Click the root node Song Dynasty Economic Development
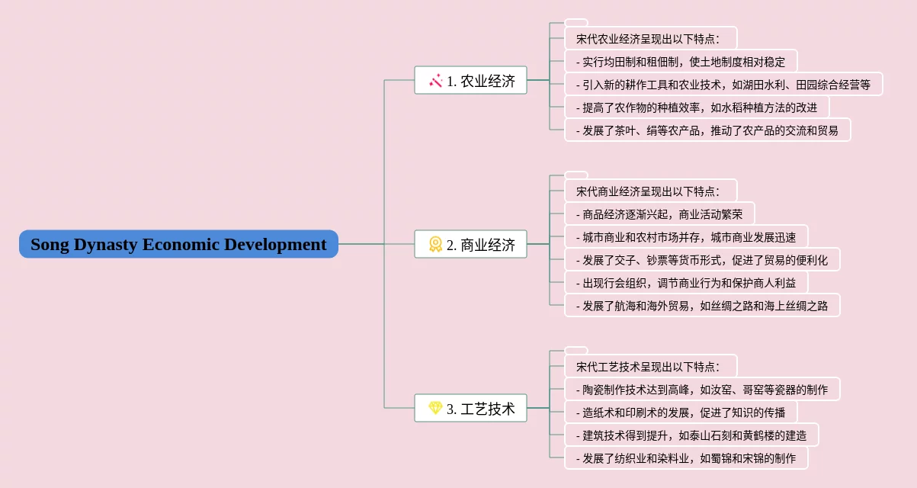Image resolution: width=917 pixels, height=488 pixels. pyautogui.click(x=178, y=244)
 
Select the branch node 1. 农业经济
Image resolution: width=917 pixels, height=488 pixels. pyautogui.click(x=470, y=80)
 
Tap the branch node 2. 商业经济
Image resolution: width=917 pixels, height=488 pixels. pyautogui.click(x=470, y=244)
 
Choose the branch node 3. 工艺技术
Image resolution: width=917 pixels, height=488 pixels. pyautogui.click(x=470, y=408)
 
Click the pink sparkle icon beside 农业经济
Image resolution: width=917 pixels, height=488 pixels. pyautogui.click(x=436, y=80)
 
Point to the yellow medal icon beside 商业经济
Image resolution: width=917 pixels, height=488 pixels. pyautogui.click(x=435, y=244)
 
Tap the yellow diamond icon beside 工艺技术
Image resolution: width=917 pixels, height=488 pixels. pyautogui.click(x=435, y=408)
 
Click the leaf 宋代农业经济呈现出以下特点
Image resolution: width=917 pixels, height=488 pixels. pyautogui.click(x=650, y=38)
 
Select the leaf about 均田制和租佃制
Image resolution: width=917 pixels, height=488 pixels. pyautogui.click(x=681, y=61)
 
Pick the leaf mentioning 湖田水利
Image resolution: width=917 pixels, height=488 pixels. pyautogui.click(x=723, y=84)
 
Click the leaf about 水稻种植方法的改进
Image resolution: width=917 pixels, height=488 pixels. pyautogui.click(x=696, y=107)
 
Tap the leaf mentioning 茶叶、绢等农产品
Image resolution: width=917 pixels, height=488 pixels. pyautogui.click(x=707, y=130)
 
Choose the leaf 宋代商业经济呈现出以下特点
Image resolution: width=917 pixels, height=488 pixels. pyautogui.click(x=650, y=191)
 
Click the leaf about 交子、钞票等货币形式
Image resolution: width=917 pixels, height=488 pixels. pyautogui.click(x=701, y=259)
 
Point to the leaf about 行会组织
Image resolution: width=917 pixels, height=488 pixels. pyautogui.click(x=685, y=282)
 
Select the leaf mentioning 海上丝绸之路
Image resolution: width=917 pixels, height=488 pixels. pyautogui.click(x=701, y=305)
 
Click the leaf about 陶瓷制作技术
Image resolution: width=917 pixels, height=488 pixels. pyautogui.click(x=701, y=389)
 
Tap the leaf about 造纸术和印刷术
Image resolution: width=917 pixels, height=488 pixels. pyautogui.click(x=680, y=412)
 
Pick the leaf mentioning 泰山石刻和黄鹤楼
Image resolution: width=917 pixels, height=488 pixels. pyautogui.click(x=691, y=435)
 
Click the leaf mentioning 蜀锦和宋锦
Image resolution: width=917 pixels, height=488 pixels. pyautogui.click(x=685, y=457)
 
